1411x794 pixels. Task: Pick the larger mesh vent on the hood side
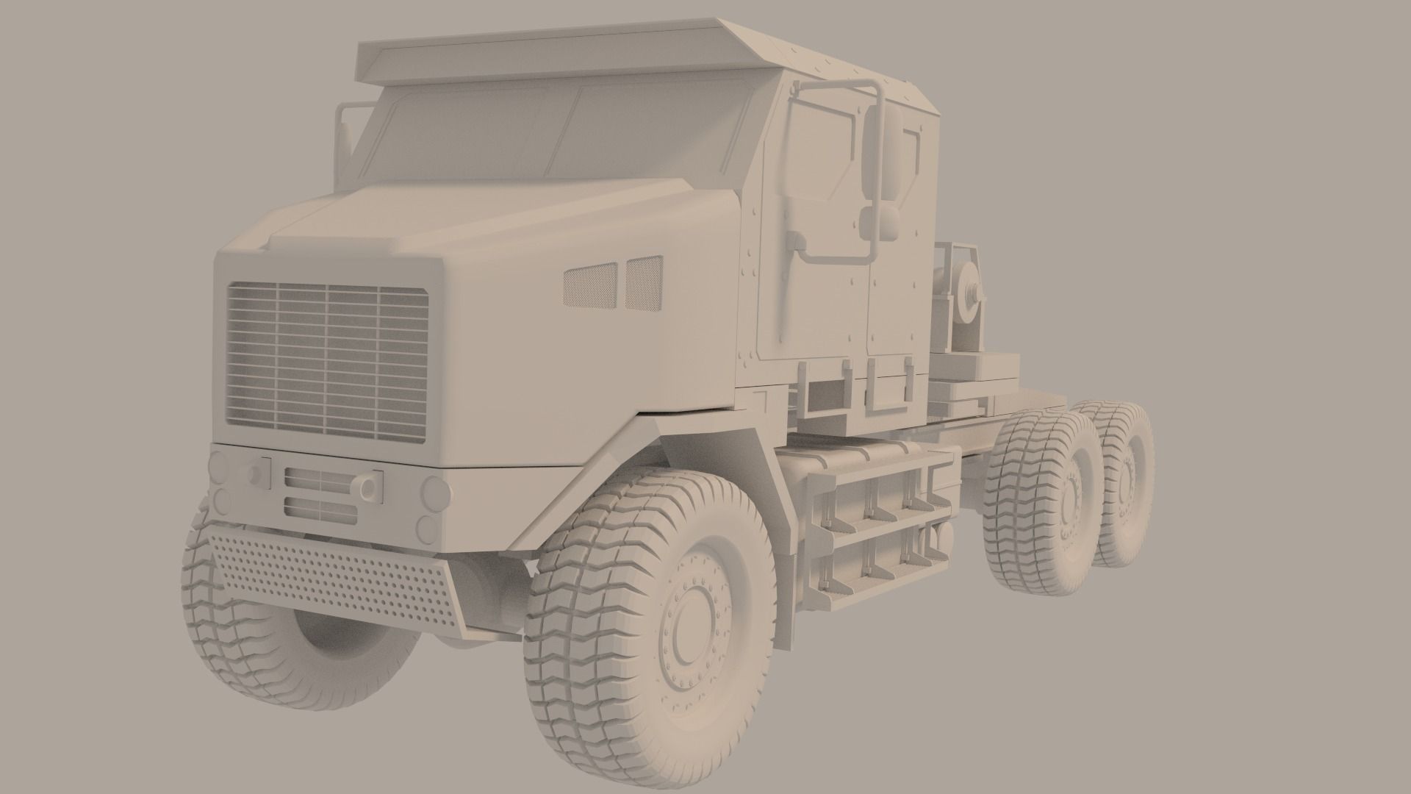click(x=589, y=286)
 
